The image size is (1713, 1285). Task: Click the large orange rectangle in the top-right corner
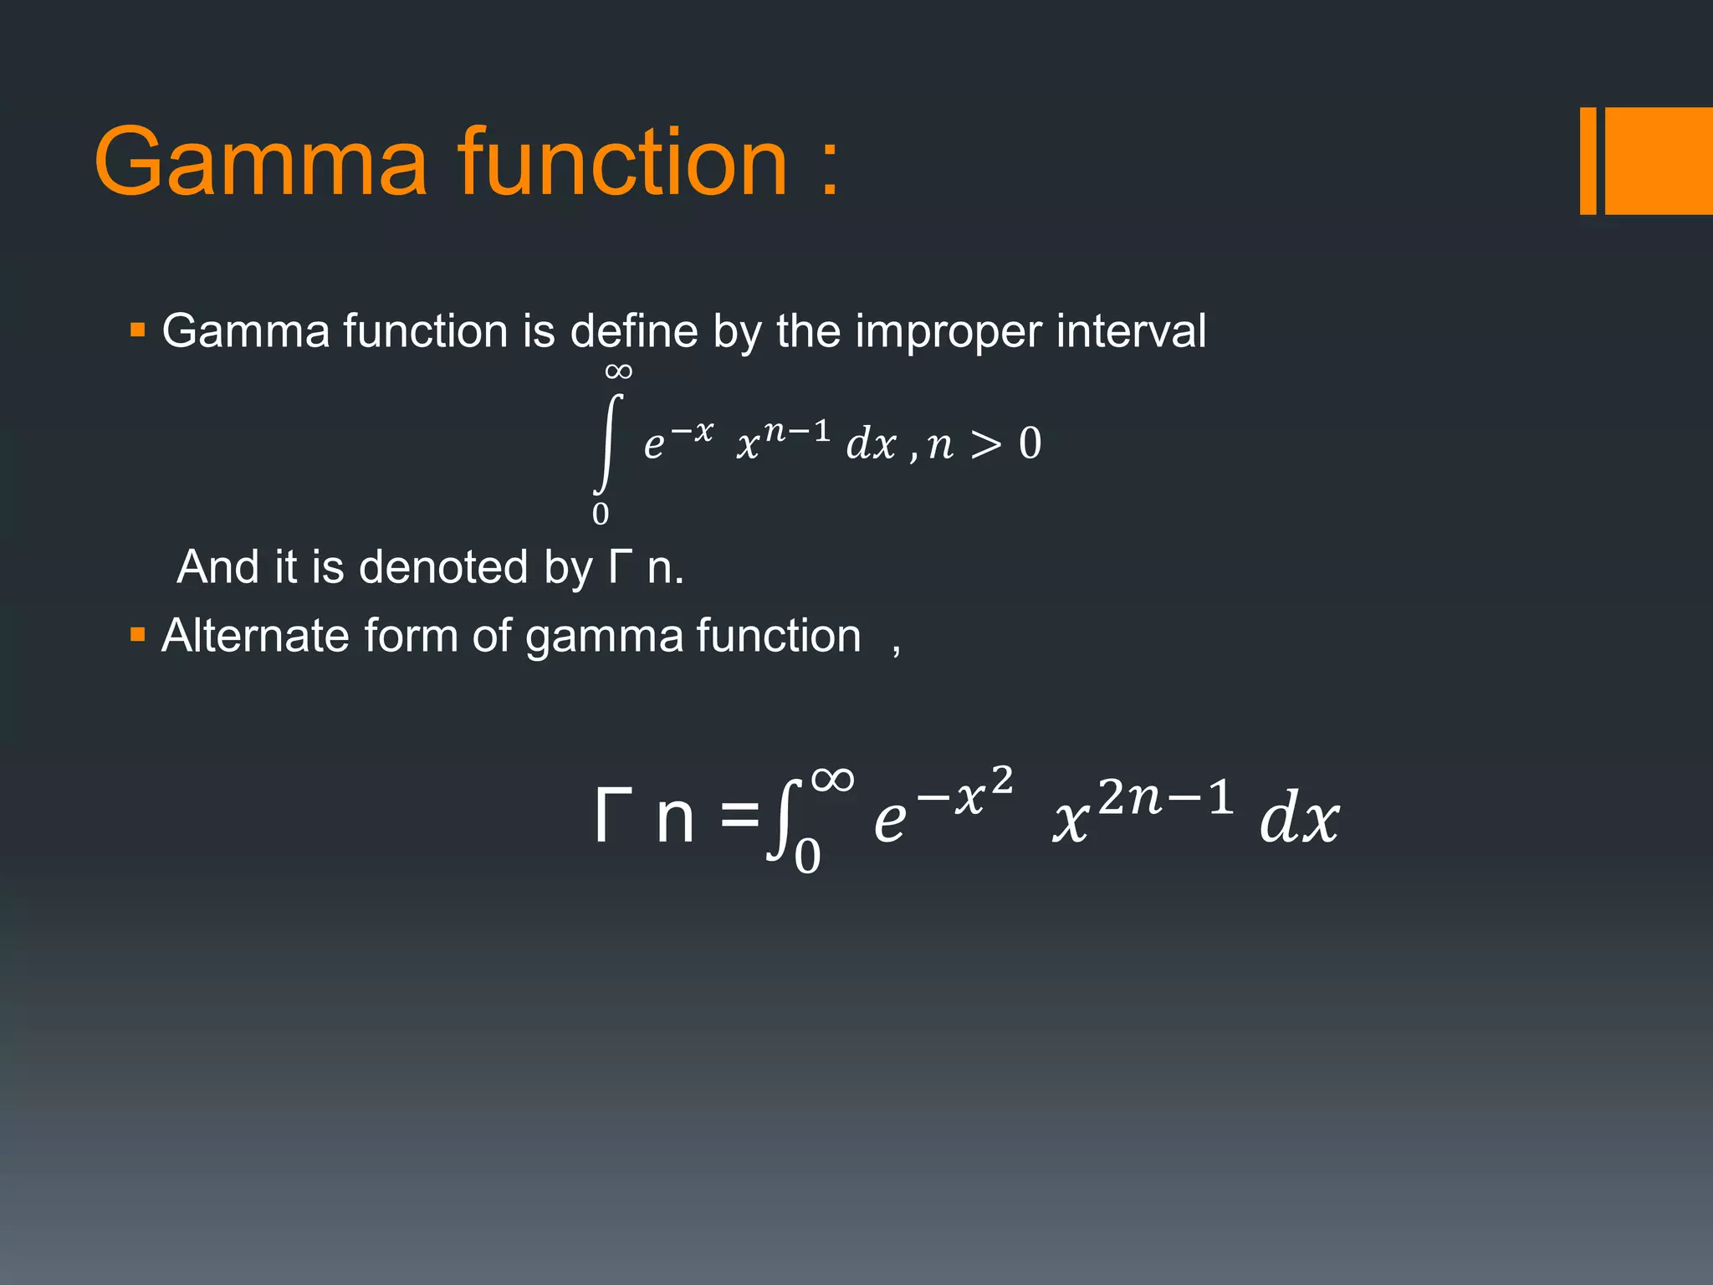[x=1659, y=161]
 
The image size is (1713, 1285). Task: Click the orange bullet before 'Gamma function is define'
[x=138, y=330]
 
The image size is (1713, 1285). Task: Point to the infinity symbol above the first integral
[x=618, y=371]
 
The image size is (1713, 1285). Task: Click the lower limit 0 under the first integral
[x=601, y=514]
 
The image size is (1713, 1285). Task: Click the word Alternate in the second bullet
[x=254, y=636]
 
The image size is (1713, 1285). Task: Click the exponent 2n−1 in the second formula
[x=1165, y=796]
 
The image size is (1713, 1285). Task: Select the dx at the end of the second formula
[x=1299, y=820]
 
